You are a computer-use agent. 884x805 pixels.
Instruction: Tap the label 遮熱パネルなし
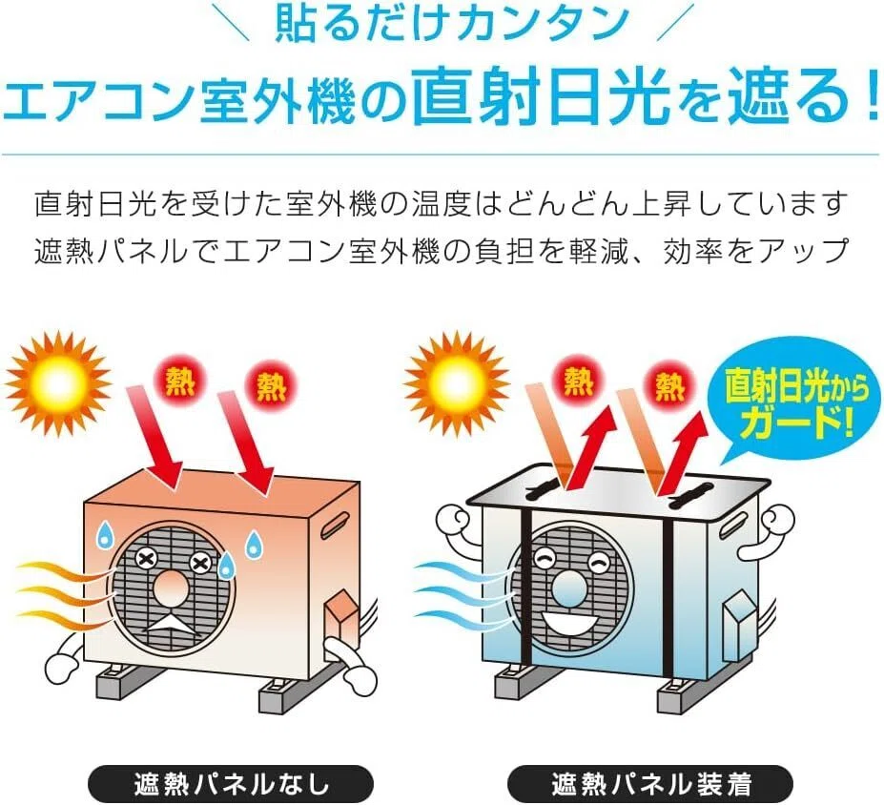pyautogui.click(x=231, y=783)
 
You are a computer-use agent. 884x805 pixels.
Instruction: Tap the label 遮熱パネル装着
pyautogui.click(x=651, y=783)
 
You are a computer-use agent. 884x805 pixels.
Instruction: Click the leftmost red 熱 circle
pyautogui.click(x=180, y=382)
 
